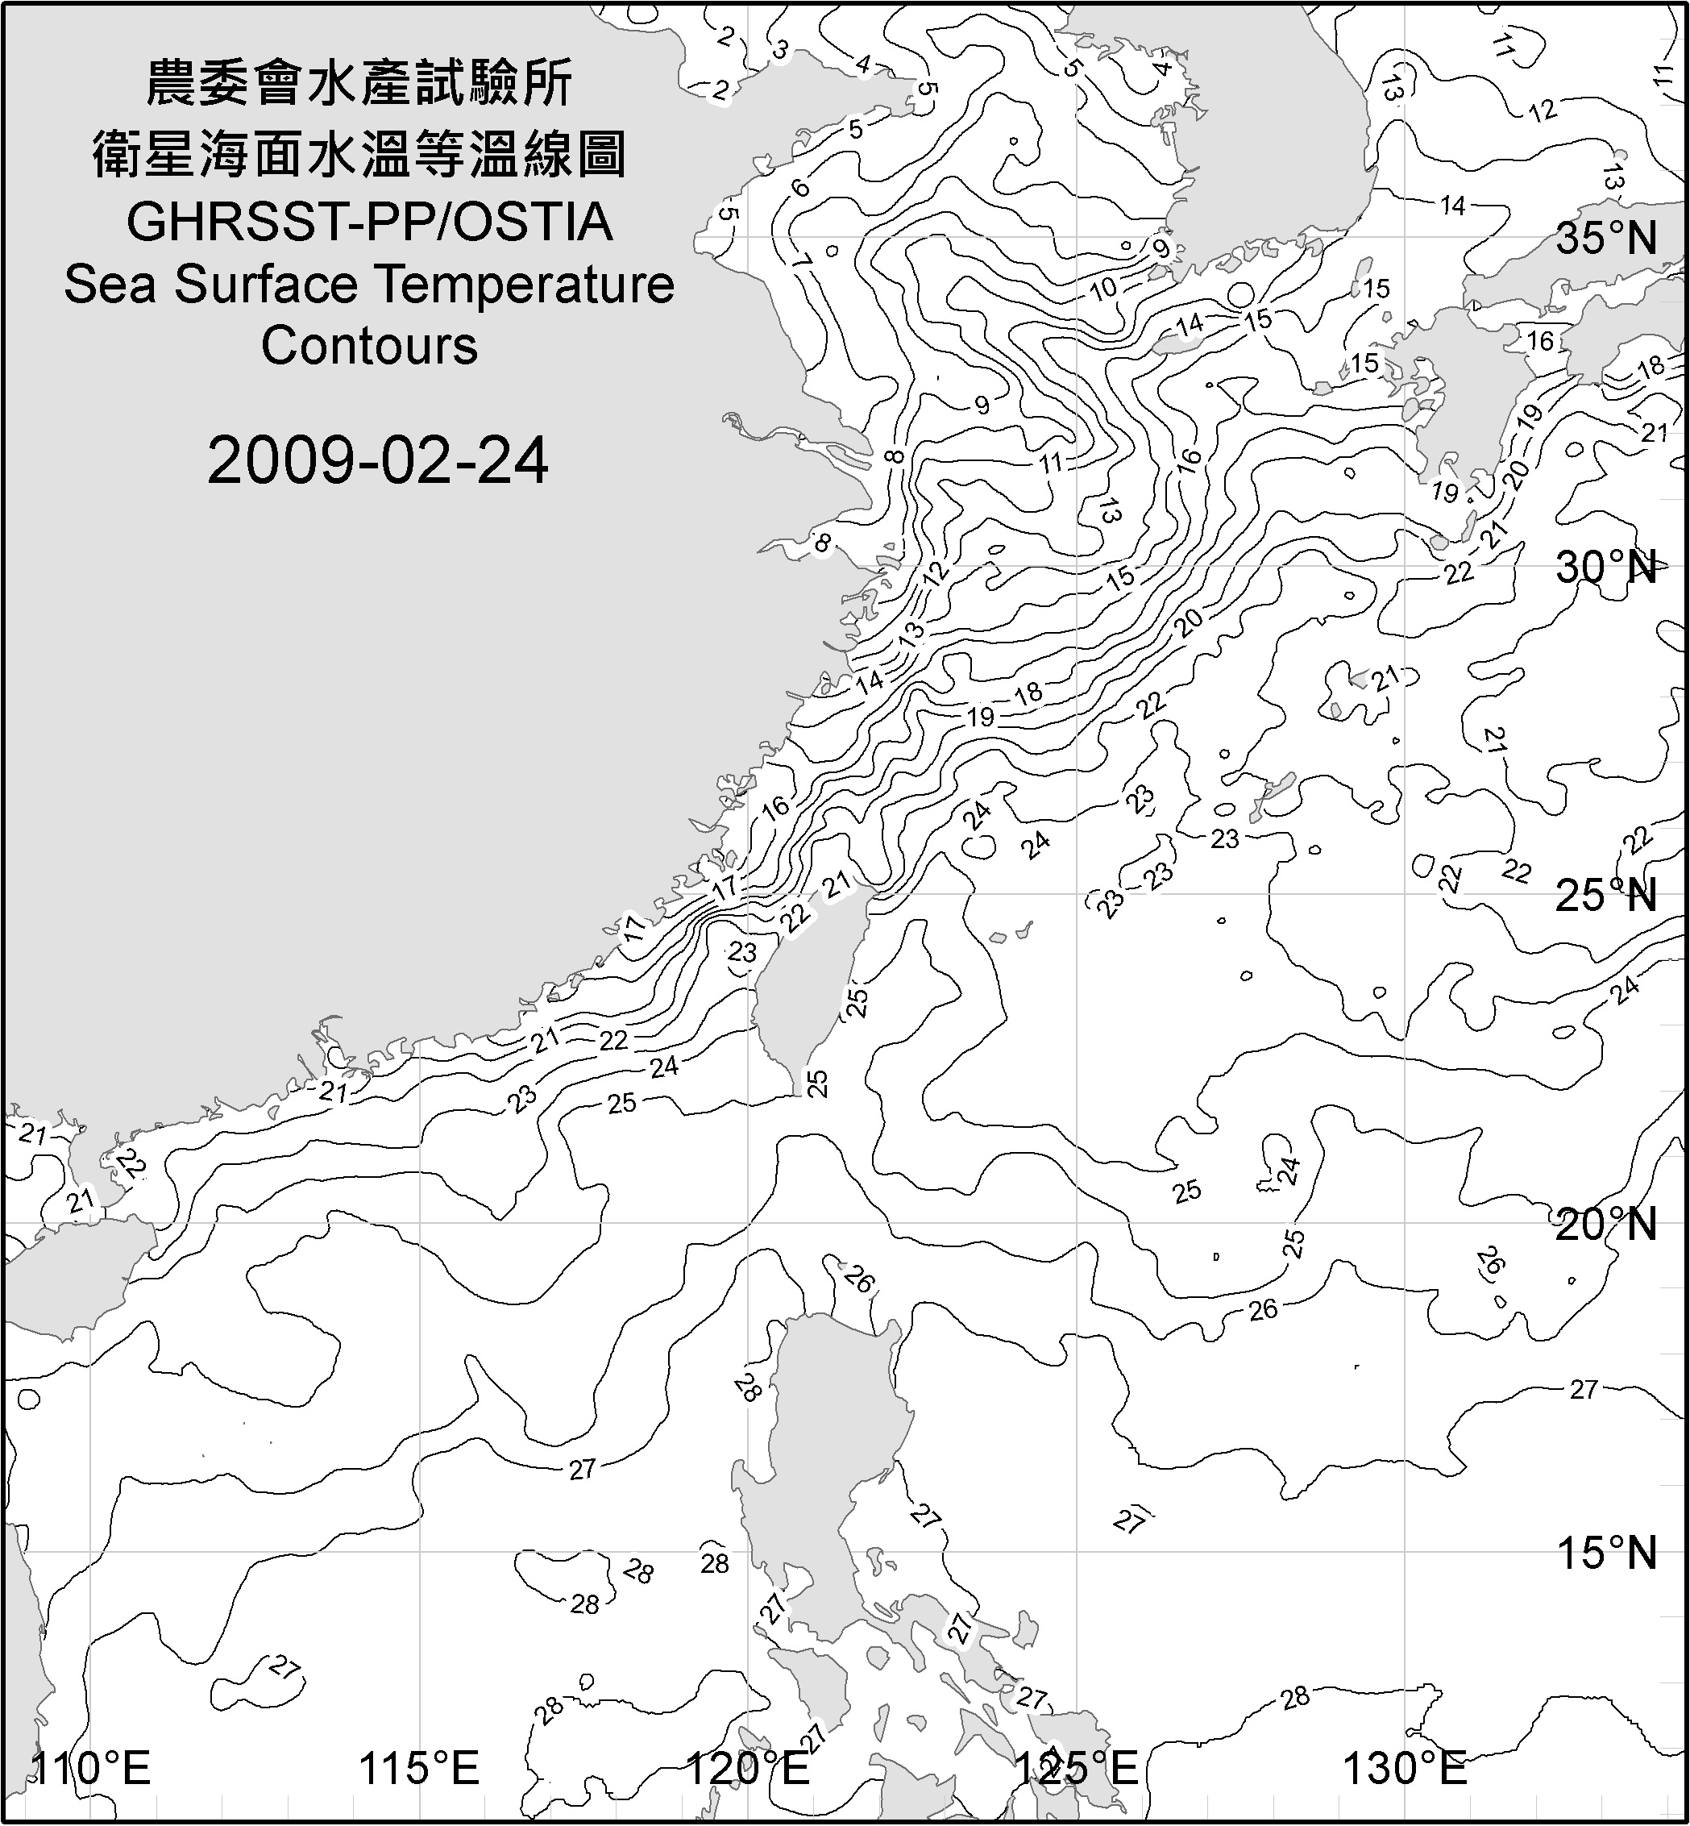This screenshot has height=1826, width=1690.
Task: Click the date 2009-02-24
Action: point(378,460)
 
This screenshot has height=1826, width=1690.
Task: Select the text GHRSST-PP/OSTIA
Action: point(369,223)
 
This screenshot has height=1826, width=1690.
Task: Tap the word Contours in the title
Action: point(369,346)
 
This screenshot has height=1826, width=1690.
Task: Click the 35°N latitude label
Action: point(1607,239)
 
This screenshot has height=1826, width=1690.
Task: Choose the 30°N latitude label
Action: point(1607,568)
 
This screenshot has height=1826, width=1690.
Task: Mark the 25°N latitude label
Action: point(1607,896)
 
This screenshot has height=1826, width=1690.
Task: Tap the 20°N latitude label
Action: point(1607,1224)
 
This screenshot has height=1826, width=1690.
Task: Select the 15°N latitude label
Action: point(1607,1553)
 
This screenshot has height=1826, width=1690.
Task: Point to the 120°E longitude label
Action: point(748,1769)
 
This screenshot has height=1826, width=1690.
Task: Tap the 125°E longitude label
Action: point(1077,1769)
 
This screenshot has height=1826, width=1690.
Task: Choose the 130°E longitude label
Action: point(1405,1769)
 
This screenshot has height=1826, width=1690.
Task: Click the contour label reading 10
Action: point(1105,288)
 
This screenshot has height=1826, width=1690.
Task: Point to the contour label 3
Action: point(780,50)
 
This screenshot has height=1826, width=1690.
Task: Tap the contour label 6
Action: point(801,188)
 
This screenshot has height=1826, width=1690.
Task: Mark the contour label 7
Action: point(802,260)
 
